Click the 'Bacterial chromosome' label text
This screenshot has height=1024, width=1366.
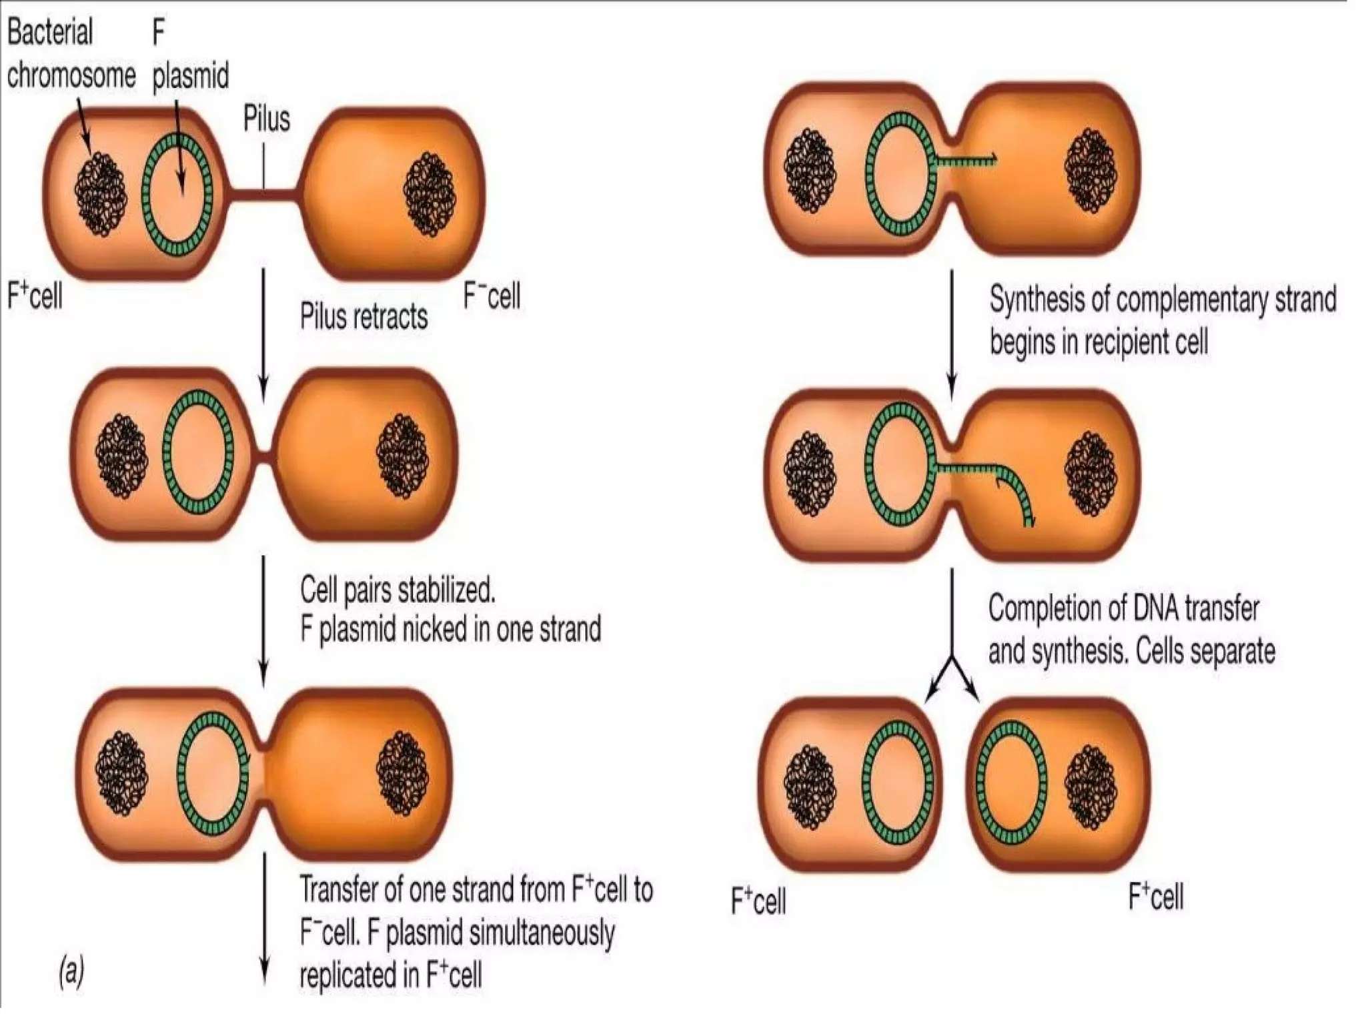[x=70, y=53]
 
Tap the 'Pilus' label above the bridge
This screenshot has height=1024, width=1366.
[x=266, y=119]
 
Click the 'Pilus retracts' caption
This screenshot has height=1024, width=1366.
[x=364, y=316]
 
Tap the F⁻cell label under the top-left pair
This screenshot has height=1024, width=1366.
[x=492, y=296]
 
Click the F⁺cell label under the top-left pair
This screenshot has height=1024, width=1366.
[x=35, y=294]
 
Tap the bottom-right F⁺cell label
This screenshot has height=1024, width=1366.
[x=1155, y=896]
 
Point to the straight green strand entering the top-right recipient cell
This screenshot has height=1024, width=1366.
[x=964, y=159]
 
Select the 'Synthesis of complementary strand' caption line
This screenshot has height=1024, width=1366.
[x=1163, y=299]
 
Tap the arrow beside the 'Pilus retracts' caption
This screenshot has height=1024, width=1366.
[x=263, y=334]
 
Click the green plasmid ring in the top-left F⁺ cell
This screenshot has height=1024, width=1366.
[x=177, y=193]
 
